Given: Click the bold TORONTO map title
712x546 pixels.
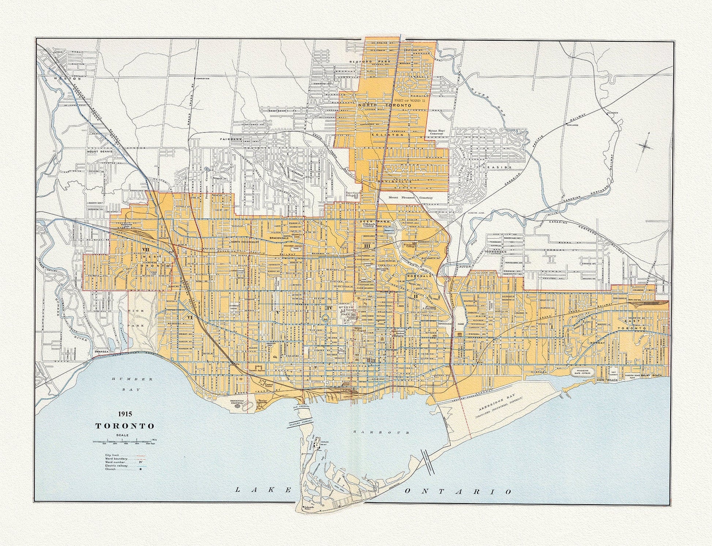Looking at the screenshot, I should pos(125,426).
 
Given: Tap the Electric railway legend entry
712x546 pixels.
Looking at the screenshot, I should pos(116,465).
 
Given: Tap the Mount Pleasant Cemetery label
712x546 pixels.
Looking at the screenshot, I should pos(411,197).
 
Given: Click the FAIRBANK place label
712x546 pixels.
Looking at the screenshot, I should pos(229,139).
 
